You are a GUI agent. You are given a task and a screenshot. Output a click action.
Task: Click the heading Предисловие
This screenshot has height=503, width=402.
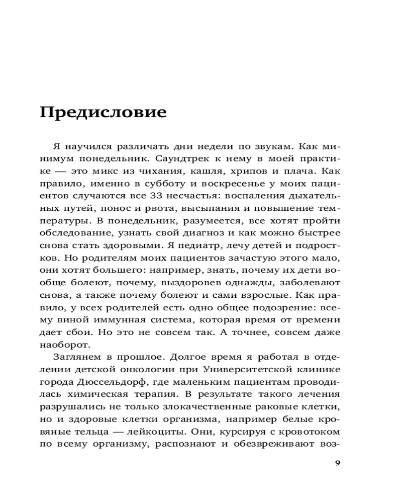103,112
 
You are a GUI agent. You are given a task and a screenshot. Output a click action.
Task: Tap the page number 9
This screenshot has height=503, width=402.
337,463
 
